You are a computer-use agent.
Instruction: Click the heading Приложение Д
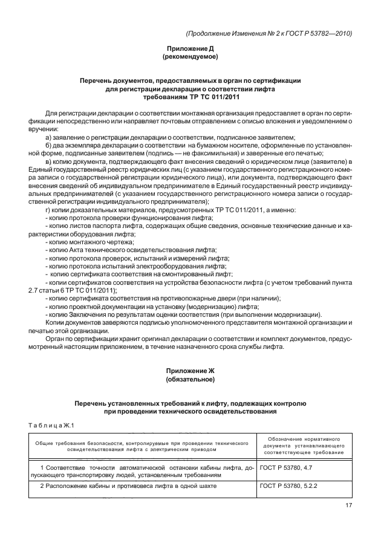point(190,48)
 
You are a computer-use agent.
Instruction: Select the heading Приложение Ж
point(190,370)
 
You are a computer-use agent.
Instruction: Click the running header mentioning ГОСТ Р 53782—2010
point(269,33)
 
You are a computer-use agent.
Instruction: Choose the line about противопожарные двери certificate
point(163,299)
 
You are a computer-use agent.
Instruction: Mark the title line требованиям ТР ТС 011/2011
point(190,96)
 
